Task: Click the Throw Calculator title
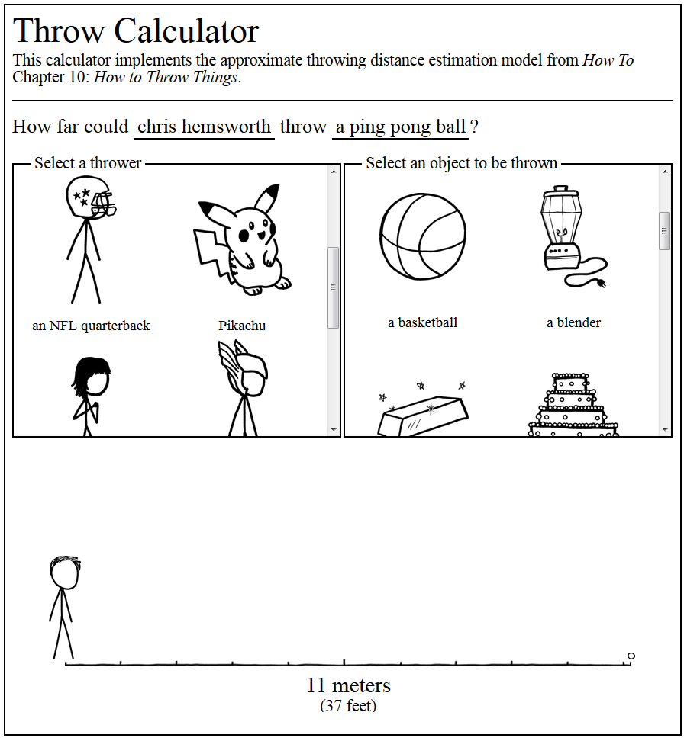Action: click(x=136, y=31)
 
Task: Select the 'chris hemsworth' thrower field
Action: click(x=204, y=127)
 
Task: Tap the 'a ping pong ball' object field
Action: click(x=400, y=127)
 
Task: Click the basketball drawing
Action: click(x=422, y=236)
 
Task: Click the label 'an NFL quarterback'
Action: click(x=91, y=326)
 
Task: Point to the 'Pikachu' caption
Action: click(x=242, y=326)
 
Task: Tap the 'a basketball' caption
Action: click(x=422, y=322)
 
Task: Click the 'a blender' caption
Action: click(x=573, y=322)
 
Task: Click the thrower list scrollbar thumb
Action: click(x=333, y=287)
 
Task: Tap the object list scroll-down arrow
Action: click(x=664, y=430)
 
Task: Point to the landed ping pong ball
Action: click(x=631, y=656)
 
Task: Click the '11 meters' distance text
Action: click(x=348, y=685)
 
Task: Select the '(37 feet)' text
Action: click(x=348, y=706)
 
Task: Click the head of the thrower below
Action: click(x=64, y=573)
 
